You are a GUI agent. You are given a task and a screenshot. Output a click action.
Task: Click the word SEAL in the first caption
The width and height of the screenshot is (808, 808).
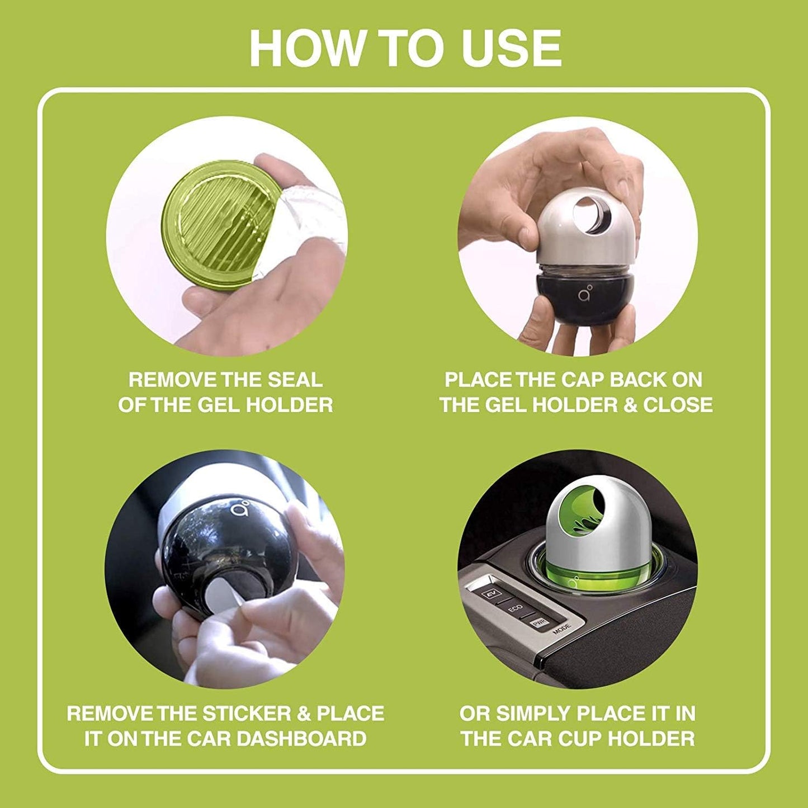(295, 380)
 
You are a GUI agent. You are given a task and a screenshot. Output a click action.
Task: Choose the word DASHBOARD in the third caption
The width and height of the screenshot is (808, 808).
(301, 739)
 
